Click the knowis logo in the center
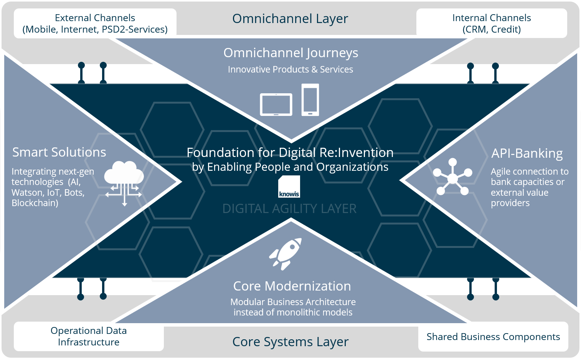(289, 187)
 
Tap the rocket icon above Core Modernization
(286, 254)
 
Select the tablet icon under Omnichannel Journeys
(276, 104)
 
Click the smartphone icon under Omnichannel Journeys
(310, 100)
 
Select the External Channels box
(95, 23)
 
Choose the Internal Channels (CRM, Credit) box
(492, 23)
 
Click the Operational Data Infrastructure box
(89, 336)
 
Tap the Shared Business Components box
(493, 337)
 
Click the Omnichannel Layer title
(290, 18)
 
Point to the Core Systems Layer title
(290, 342)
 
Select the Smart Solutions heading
(59, 152)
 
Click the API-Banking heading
(527, 153)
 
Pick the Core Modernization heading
(292, 286)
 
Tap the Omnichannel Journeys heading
(290, 53)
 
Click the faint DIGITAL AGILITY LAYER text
(289, 208)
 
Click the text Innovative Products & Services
(290, 69)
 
